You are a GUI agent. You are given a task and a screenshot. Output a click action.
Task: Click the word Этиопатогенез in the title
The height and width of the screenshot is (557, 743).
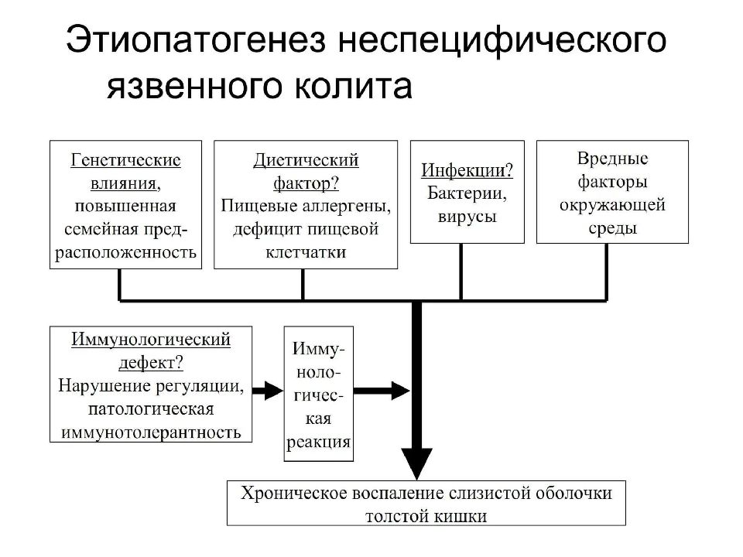pyautogui.click(x=196, y=39)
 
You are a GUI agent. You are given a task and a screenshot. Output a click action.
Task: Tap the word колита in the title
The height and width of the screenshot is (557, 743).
pyautogui.click(x=354, y=86)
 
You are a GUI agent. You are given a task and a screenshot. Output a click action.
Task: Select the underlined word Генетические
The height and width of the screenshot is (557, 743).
pyautogui.click(x=125, y=160)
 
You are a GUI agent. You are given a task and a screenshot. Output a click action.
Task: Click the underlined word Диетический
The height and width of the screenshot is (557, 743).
pyautogui.click(x=306, y=160)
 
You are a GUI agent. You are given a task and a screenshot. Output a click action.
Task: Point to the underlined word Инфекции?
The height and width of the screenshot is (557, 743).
pyautogui.click(x=467, y=170)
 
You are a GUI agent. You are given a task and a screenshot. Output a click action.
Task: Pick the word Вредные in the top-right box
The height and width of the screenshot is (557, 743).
pyautogui.click(x=612, y=158)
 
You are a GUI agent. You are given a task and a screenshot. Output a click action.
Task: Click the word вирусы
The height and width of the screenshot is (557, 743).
pyautogui.click(x=467, y=217)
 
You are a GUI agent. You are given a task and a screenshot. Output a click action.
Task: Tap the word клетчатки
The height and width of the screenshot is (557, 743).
pyautogui.click(x=306, y=252)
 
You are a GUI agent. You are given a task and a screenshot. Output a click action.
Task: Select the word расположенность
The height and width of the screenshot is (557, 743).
pyautogui.click(x=125, y=252)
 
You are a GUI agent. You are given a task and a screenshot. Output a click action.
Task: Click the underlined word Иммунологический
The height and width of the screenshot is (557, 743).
pyautogui.click(x=151, y=340)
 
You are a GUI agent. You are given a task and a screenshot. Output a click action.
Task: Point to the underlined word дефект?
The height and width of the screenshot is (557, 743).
pyautogui.click(x=151, y=363)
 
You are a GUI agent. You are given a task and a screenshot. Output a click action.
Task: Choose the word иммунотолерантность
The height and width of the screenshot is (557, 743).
pyautogui.click(x=151, y=432)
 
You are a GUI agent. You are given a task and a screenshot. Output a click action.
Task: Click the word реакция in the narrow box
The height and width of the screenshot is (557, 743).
pyautogui.click(x=318, y=442)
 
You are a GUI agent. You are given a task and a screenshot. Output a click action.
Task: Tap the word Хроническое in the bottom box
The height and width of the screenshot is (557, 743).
pyautogui.click(x=293, y=493)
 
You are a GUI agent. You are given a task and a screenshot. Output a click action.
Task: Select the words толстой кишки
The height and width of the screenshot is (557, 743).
pyautogui.click(x=426, y=516)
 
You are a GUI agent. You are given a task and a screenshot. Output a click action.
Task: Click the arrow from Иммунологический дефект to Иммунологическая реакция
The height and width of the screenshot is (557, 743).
pyautogui.click(x=268, y=391)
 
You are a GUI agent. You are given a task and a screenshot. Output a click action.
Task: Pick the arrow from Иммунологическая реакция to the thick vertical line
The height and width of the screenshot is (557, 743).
pyautogui.click(x=382, y=391)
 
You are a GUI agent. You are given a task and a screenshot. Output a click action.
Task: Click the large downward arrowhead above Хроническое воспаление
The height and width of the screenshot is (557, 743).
pyautogui.click(x=416, y=463)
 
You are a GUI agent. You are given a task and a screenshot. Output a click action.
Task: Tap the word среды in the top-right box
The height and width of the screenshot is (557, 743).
pyautogui.click(x=612, y=228)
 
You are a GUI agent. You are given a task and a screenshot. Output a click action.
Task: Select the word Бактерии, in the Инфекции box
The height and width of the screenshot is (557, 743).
pyautogui.click(x=467, y=193)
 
